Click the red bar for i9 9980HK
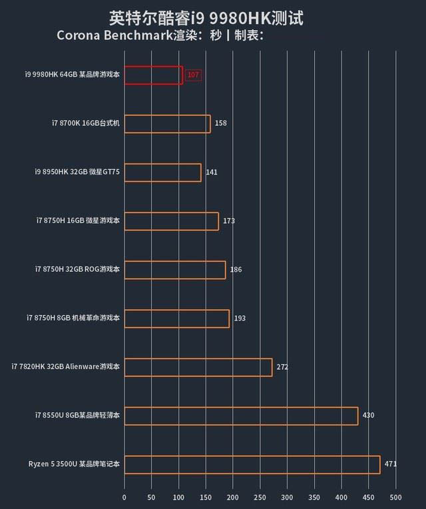(153, 75)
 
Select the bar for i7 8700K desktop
(167, 124)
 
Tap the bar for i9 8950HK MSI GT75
(162, 173)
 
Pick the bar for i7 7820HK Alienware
(198, 367)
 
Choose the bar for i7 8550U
(241, 416)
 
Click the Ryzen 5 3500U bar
(252, 464)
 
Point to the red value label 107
(193, 75)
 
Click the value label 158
(221, 124)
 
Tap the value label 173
(229, 221)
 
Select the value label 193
(240, 318)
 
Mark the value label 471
(391, 464)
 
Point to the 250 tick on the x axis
(260, 498)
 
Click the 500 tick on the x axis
(396, 498)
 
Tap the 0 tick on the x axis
(124, 498)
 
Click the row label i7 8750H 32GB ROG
(78, 270)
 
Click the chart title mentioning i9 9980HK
(206, 18)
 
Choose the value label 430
(368, 416)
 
